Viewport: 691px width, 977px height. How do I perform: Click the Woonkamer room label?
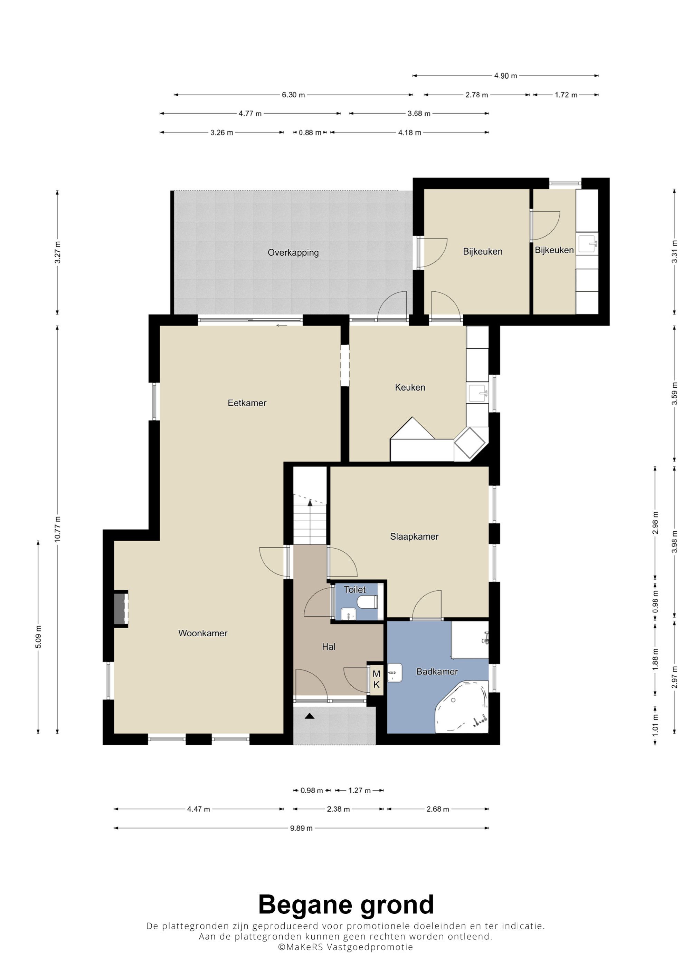203,633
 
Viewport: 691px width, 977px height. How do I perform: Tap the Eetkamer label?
247,403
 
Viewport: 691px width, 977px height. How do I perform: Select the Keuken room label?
410,387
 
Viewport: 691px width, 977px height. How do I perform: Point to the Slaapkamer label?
414,536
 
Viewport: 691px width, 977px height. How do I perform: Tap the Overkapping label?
293,253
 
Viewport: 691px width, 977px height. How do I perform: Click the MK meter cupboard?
376,679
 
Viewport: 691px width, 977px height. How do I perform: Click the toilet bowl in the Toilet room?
367,602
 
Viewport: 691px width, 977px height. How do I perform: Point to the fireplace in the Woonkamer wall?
121,609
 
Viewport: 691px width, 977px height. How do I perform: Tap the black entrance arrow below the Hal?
310,716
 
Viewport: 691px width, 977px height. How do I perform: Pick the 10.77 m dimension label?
57,529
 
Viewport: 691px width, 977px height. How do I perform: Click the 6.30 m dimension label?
293,95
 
